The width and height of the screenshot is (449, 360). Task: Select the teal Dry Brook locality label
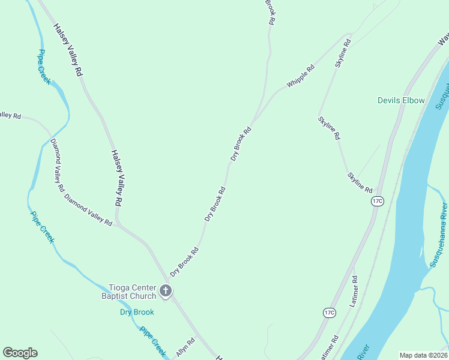pos(137,312)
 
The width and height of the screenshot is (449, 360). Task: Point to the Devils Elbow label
pos(401,100)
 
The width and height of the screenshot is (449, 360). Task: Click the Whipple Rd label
pos(300,77)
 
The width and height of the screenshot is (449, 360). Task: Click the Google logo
pos(20,353)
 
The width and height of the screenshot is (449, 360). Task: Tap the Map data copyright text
pos(423,355)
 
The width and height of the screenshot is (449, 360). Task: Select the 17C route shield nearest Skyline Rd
pos(377,201)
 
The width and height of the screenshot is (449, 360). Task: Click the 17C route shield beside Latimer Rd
pos(329,313)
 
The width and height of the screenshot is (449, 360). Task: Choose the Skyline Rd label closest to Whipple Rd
pos(343,53)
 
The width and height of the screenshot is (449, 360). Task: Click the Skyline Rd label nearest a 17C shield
pos(360,182)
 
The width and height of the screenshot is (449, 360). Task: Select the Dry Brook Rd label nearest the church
pos(184,263)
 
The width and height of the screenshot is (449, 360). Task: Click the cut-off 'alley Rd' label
pos(10,115)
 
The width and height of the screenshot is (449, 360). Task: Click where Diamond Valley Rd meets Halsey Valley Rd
pos(118,224)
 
